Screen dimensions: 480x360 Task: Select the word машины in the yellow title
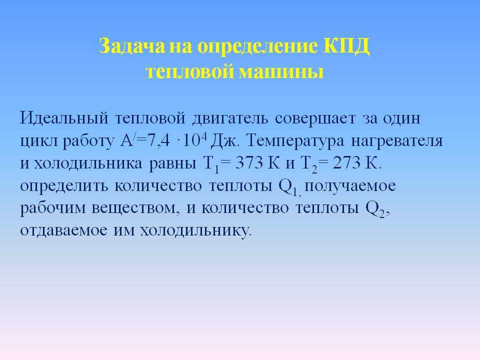coord(280,72)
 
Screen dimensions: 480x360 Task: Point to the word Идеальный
coord(64,118)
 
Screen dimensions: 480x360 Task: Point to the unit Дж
coord(224,141)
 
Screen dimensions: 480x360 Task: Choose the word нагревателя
coord(396,141)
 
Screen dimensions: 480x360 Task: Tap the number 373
coord(249,163)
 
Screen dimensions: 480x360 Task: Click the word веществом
coord(134,208)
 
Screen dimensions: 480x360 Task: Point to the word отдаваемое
coord(63,230)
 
